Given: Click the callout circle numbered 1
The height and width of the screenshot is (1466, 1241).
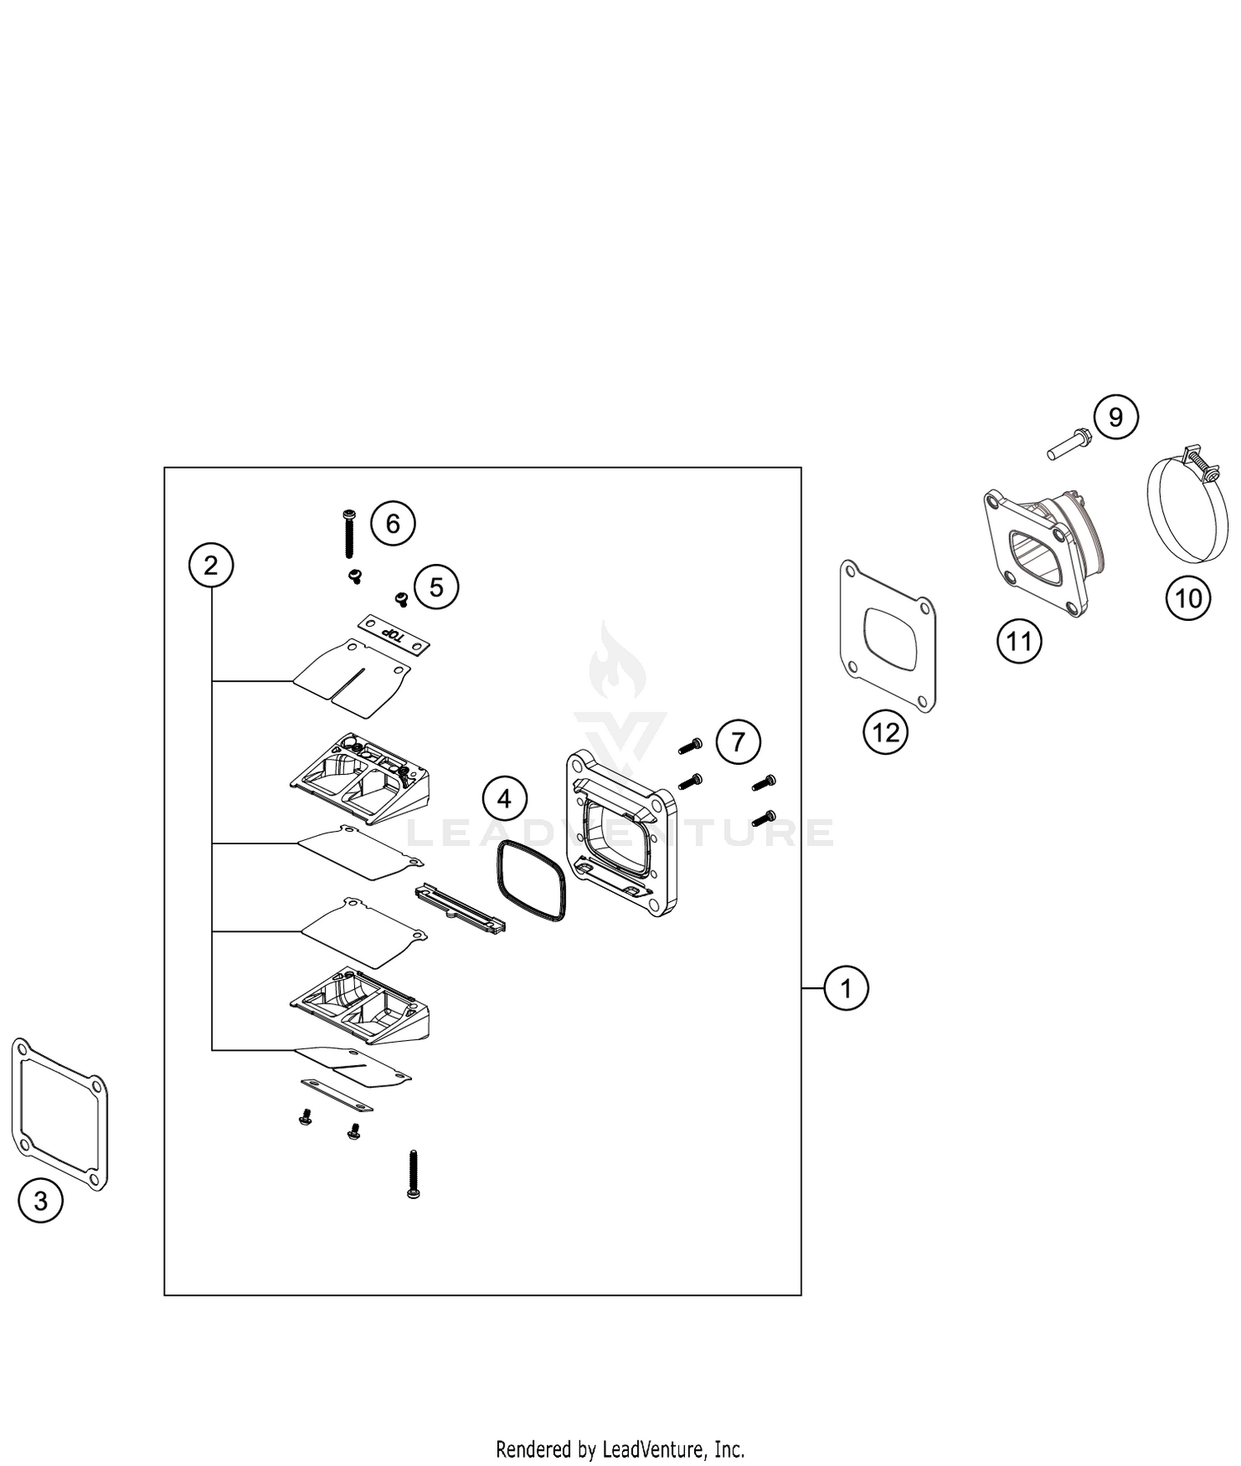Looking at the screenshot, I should [846, 988].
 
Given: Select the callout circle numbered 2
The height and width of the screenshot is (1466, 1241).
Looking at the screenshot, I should [211, 566].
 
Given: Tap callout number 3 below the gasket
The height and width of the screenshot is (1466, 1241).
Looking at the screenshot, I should [41, 1200].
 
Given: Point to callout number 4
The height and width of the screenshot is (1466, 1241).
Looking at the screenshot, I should [504, 799].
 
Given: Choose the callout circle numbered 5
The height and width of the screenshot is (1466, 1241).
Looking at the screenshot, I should [436, 587].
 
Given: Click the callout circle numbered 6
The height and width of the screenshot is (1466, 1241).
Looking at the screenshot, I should [392, 523].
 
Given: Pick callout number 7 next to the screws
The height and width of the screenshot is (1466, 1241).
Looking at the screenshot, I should [738, 741].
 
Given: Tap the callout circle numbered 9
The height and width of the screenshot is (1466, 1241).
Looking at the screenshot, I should [1115, 418].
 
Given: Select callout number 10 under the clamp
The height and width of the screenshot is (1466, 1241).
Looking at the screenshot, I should [1188, 598].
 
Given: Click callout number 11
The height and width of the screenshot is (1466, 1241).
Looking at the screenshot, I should [1018, 641].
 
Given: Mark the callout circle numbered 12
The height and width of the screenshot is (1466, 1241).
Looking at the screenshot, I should [885, 732].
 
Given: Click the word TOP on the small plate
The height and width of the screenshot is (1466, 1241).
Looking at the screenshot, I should [395, 636].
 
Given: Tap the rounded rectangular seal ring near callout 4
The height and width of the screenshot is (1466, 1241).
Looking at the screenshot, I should [532, 881].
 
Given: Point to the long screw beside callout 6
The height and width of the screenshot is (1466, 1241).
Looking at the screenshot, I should [348, 533].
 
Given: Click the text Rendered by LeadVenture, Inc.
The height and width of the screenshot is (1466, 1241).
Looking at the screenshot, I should [620, 1449].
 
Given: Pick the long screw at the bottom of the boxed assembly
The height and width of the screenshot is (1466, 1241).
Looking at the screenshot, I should [413, 1174].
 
